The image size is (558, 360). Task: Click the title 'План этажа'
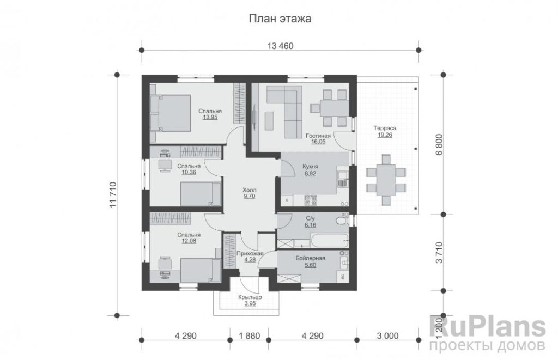tap(280, 18)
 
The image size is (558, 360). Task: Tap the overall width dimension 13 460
tap(280, 46)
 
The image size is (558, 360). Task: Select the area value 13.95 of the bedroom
tap(210, 117)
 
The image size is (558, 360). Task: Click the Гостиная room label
tap(318, 136)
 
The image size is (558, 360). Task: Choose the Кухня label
tap(310, 167)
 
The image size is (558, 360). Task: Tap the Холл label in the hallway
tap(249, 190)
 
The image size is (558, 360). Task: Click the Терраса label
tap(385, 128)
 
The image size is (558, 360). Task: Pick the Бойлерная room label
tap(310, 259)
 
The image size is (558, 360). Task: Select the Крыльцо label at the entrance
tap(250, 297)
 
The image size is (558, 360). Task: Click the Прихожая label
tap(250, 254)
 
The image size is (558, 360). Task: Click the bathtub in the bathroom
tap(330, 241)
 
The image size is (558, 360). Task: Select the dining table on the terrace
tap(386, 180)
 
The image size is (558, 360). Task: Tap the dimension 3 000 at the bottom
tap(387, 335)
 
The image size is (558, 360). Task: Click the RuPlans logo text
tap(488, 327)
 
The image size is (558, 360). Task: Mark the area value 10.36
tap(189, 173)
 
